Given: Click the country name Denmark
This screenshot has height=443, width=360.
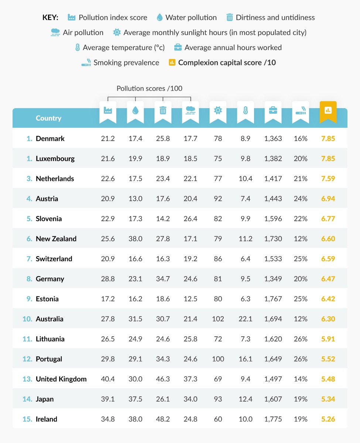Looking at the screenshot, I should click(x=50, y=139).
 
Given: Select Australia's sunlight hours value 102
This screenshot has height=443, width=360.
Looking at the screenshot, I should click(x=218, y=319).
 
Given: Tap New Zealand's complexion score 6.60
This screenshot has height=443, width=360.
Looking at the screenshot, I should click(x=328, y=239).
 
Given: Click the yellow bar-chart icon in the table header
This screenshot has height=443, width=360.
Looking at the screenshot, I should click(x=328, y=110).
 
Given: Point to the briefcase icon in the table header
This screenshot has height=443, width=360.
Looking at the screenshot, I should click(x=273, y=110).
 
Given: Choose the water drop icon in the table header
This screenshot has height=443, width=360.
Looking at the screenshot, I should click(x=136, y=110).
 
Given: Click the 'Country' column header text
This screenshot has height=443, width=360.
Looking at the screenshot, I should click(x=48, y=119).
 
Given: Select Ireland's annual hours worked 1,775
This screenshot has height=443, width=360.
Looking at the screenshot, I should click(x=273, y=419).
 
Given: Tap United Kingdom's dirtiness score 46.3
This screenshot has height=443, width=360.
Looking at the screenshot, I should click(x=163, y=379).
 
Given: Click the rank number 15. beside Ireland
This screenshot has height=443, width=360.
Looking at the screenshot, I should click(x=28, y=419).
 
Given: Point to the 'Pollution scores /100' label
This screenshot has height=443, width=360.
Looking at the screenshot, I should click(x=150, y=89).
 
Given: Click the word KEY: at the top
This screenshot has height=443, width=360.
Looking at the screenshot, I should click(x=51, y=18).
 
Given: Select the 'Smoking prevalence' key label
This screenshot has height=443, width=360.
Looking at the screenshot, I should click(x=126, y=63).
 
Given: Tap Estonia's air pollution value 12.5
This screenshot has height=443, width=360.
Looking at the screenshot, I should click(x=191, y=299).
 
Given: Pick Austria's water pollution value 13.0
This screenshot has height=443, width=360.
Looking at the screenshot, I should click(x=136, y=199).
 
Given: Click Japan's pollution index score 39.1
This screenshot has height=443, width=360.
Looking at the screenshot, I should click(x=108, y=399).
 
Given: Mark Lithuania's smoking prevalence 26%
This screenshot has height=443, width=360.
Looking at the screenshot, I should click(x=301, y=339).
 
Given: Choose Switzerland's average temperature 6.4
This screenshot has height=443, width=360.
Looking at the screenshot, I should click(x=245, y=259).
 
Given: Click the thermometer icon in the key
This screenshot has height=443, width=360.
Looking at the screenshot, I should click(x=78, y=48).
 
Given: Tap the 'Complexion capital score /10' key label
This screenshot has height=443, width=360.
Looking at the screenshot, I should click(x=227, y=63).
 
